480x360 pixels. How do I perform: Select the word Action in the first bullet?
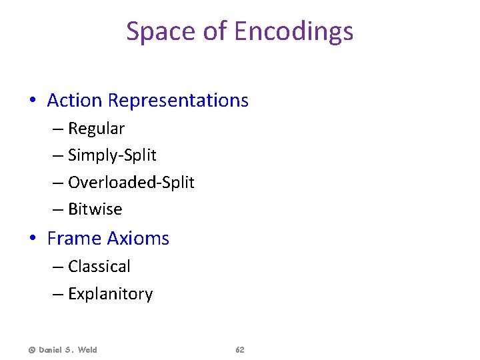[x=75, y=101]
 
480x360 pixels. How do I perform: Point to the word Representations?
[x=178, y=101]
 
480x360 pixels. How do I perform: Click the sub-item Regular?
[x=96, y=128]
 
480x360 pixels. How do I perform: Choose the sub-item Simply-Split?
[x=112, y=155]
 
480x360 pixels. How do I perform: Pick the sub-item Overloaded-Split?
[x=131, y=182]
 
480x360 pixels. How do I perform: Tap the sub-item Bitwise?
[x=95, y=209]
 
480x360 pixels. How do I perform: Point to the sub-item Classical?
[x=99, y=267]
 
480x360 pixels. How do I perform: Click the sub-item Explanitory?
[x=110, y=294]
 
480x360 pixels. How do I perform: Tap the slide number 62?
[x=240, y=350]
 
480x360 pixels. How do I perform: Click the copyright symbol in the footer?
[x=31, y=350]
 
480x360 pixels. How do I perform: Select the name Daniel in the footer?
[x=53, y=350]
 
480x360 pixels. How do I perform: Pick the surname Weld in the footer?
[x=86, y=350]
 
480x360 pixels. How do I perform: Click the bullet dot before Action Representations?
[x=32, y=101]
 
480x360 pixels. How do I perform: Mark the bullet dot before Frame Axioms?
[x=32, y=239]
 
